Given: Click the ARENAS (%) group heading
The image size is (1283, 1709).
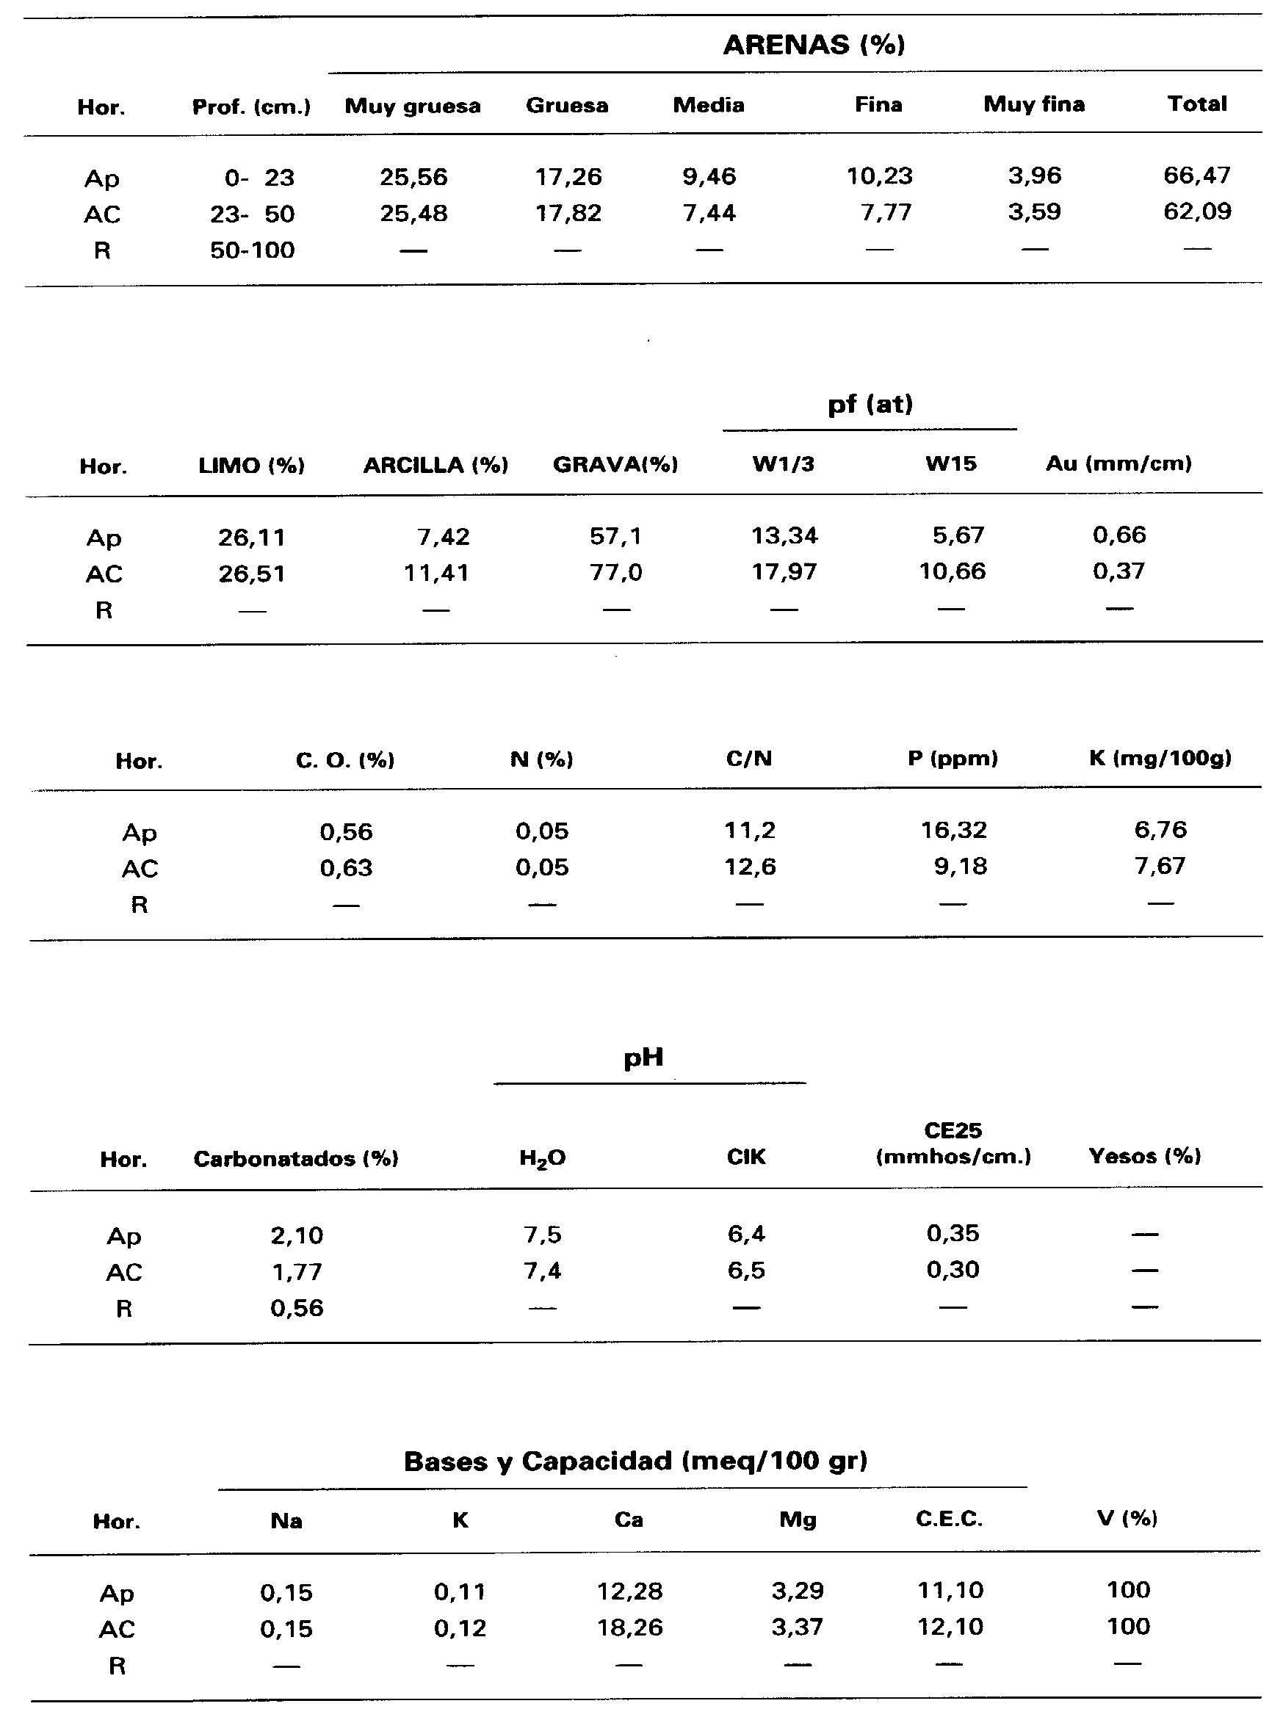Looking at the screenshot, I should click(814, 45).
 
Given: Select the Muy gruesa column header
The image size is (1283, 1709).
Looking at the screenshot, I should click(413, 106).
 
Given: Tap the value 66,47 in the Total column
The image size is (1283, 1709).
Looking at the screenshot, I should click(1196, 176).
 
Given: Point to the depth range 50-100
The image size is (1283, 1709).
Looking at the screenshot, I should click(253, 250).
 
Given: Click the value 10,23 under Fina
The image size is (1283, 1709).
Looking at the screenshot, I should click(879, 176).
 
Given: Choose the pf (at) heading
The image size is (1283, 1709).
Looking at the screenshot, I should click(870, 404).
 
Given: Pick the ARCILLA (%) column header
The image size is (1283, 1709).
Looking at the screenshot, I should click(436, 465).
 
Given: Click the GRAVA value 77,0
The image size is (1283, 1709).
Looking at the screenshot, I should click(615, 573).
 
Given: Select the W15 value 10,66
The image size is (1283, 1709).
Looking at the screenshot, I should click(952, 571).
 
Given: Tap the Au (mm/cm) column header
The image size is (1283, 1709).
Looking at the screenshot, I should click(1118, 463).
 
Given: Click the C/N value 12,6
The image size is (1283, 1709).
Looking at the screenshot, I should click(749, 867).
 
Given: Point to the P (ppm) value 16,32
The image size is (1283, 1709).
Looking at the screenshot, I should click(953, 831).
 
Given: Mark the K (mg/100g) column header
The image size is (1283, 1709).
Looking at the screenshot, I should click(1160, 759).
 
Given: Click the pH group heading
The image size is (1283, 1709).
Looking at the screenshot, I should click(643, 1057).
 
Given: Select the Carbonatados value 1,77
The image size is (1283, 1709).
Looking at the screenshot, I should click(297, 1272).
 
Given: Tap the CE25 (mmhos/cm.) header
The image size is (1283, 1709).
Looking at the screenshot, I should click(953, 1143).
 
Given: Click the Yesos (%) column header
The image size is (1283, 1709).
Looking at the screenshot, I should click(1144, 1156).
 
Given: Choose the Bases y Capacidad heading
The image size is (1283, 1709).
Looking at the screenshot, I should click(635, 1461).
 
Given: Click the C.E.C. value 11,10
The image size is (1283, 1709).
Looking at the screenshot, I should click(950, 1590).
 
